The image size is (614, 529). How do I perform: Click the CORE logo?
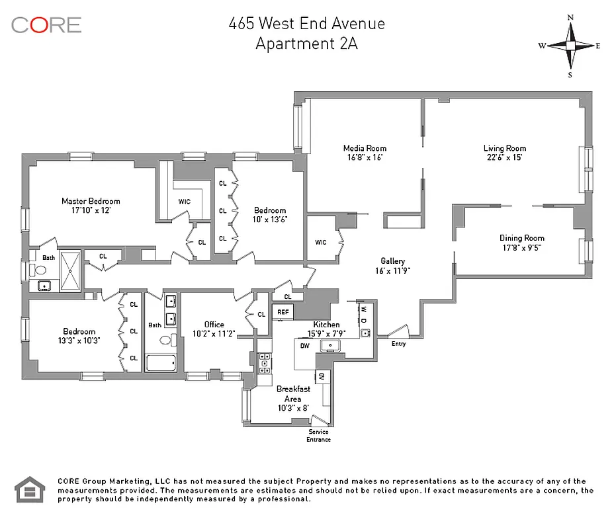[x=46, y=25]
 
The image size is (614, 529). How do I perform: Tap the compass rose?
[x=570, y=46]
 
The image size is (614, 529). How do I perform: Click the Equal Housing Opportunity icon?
[x=28, y=489]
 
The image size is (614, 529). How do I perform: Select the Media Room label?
[x=365, y=148]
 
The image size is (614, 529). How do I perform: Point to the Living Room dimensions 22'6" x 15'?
[x=504, y=158]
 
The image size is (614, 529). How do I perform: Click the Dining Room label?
[x=521, y=238]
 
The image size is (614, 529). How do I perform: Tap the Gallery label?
[x=392, y=261]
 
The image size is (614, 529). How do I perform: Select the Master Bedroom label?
[x=91, y=201]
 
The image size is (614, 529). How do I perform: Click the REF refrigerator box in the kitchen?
[x=283, y=312]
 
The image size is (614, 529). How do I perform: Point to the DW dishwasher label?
[x=304, y=346]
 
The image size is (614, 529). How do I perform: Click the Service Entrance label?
[x=318, y=436]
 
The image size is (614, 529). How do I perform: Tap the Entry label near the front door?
[x=398, y=344]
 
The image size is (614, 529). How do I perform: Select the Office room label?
[x=214, y=325]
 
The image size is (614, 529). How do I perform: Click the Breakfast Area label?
[x=292, y=394]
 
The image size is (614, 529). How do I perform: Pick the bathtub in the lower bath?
[x=161, y=363]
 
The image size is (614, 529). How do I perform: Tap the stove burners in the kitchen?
[x=264, y=362]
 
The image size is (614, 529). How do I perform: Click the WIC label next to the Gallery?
[x=321, y=243]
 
